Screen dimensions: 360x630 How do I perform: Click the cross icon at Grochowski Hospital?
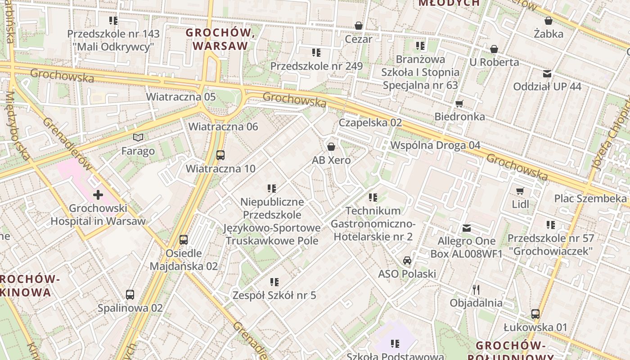[x=98, y=195]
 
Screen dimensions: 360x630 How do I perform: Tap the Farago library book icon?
[x=138, y=138]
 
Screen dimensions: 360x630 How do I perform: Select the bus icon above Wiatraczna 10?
[x=220, y=155]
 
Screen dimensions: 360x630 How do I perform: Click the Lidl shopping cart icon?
[x=520, y=191]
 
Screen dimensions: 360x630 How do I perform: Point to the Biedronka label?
[x=459, y=117]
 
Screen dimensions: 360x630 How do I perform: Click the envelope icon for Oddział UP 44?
[x=547, y=73]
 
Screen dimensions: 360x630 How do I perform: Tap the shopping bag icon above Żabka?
[x=549, y=21]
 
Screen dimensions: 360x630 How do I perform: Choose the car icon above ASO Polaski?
[x=407, y=260]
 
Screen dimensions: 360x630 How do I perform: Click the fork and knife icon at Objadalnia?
[x=476, y=289]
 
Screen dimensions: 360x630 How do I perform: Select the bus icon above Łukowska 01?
[x=535, y=314]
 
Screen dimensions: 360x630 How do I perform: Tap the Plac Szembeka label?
[x=590, y=198]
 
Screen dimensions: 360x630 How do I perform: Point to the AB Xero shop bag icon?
[x=331, y=147]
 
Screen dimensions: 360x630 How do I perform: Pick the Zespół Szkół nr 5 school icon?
[x=274, y=282]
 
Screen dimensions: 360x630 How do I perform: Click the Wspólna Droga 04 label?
[x=435, y=145]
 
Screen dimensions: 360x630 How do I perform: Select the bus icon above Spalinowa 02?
[x=130, y=295]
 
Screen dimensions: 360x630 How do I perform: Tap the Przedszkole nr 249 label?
[x=316, y=66]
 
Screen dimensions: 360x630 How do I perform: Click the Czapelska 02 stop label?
[x=370, y=122]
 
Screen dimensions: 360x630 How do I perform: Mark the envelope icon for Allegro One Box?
[x=466, y=228]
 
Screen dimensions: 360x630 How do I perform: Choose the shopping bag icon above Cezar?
[x=359, y=26]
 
